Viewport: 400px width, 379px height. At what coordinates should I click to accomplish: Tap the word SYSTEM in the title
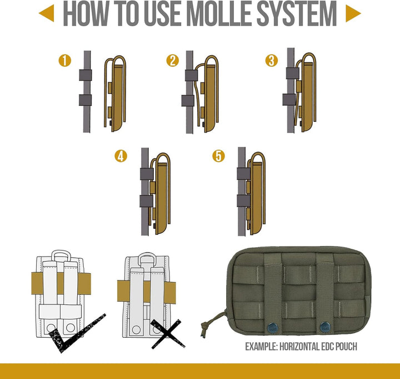(297, 13)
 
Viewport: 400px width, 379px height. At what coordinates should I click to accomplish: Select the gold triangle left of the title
(47, 13)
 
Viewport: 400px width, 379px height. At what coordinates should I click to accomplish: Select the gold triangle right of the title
(353, 13)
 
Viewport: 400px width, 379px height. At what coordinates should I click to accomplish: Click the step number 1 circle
(65, 61)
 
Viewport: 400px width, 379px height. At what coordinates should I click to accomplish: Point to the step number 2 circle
(173, 61)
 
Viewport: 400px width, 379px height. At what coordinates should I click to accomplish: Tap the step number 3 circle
(272, 61)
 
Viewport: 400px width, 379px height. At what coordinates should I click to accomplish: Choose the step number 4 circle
(121, 156)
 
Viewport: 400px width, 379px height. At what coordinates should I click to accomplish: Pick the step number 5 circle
(219, 156)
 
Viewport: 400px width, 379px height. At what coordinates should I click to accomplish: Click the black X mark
(167, 334)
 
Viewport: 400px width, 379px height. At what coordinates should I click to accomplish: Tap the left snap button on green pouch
(272, 327)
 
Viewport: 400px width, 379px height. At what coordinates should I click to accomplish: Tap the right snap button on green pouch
(325, 327)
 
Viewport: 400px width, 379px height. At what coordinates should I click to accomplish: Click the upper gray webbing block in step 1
(85, 75)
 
